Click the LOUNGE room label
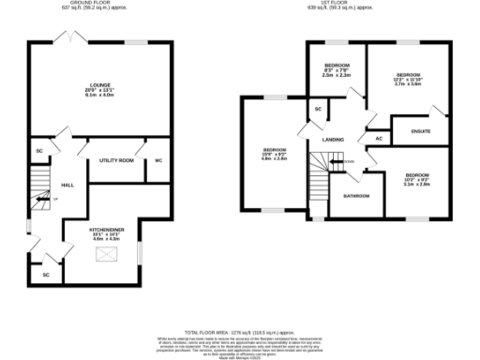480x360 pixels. [86, 85]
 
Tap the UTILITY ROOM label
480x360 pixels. [117, 160]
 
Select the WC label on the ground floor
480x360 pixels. [158, 160]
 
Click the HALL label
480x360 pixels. [67, 185]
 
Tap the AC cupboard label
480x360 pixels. [379, 139]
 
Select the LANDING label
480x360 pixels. [334, 140]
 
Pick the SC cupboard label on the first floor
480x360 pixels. [318, 111]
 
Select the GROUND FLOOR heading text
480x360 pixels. [86, 3]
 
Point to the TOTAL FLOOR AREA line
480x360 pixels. [240, 332]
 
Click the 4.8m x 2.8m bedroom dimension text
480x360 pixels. [274, 159]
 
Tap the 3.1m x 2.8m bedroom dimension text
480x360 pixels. [416, 183]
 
